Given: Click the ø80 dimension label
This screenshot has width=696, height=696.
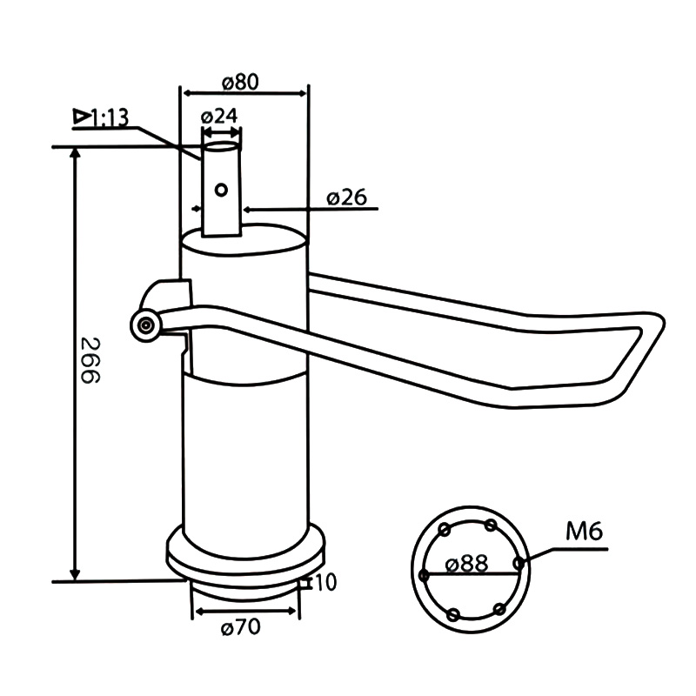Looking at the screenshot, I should pos(241,82).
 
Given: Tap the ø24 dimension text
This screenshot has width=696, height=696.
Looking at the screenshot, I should pos(219,116).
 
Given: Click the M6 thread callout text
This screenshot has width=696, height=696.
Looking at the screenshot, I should pos(584,531).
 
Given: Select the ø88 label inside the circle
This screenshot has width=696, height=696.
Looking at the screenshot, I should pos(466,564).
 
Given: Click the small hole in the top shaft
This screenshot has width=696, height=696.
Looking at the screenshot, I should pos(221,189).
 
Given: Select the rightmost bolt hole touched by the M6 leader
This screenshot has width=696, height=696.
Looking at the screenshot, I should pos(519,563).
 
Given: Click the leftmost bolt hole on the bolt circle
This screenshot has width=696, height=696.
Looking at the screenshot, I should pos(424,575).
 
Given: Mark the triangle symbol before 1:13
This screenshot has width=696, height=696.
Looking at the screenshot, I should pos(81,116).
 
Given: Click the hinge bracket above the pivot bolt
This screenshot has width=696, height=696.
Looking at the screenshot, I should pos(170,293).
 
